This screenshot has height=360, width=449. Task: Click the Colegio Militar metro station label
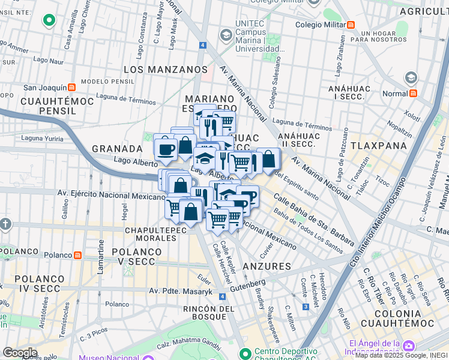pos(320,25)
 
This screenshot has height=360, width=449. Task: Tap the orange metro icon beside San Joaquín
pos(71,87)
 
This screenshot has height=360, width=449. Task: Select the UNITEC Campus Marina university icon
pos(226,35)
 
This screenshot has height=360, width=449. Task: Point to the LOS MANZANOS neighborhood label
pos(165,70)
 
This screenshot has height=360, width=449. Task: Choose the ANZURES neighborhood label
pos(268,266)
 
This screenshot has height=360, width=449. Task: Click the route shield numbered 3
pos(306,307)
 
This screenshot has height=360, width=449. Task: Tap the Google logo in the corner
pos(20,352)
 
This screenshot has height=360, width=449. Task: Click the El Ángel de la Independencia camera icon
pos(409,346)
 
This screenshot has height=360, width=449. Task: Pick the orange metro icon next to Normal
pos(413,94)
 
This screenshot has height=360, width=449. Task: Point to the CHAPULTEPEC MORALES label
pos(151,234)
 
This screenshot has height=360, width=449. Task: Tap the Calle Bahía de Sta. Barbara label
pos(313,219)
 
